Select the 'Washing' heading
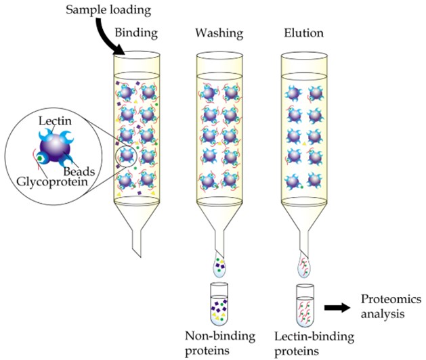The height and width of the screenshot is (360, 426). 215,32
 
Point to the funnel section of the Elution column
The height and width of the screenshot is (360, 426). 302,217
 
